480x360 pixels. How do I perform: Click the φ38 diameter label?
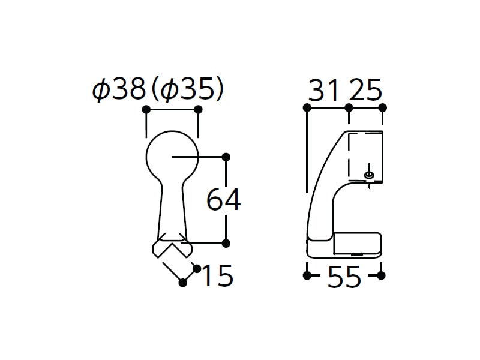point(118,89)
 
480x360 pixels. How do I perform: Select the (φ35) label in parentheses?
point(187,89)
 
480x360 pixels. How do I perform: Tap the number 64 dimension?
point(223,200)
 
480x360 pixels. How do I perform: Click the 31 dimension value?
point(324,89)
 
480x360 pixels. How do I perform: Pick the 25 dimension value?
point(365,89)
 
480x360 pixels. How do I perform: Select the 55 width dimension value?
point(344,277)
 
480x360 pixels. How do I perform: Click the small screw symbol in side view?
point(369,175)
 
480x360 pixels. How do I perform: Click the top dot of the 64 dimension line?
point(226,157)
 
